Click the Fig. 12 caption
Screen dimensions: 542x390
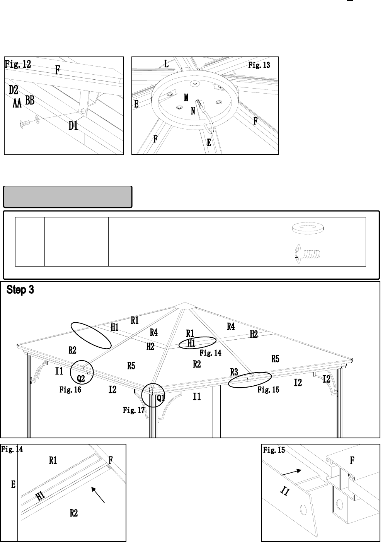pos(18,64)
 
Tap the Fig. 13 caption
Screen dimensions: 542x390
pos(259,65)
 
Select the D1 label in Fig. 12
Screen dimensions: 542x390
pos(73,126)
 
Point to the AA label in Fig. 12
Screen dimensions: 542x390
pos(17,103)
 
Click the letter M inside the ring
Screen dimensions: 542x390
pos(186,97)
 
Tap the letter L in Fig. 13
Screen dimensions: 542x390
pos(167,64)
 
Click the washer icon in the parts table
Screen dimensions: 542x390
pos(308,229)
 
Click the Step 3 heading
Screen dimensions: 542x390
pos(20,290)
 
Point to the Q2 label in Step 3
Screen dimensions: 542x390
pos(81,378)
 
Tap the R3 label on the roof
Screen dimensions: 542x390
pos(234,372)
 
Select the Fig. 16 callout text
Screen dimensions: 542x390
pos(70,390)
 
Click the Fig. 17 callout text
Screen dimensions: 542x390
pos(134,410)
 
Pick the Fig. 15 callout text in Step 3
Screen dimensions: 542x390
pos(268,390)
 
